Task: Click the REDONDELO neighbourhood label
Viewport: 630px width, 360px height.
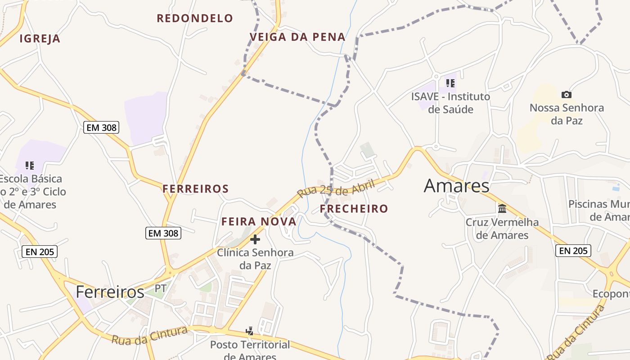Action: pyautogui.click(x=195, y=18)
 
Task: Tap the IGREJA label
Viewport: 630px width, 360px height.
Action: pyautogui.click(x=40, y=39)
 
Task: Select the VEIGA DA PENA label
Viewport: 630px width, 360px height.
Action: pyautogui.click(x=297, y=37)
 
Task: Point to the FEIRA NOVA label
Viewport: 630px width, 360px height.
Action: pyautogui.click(x=259, y=221)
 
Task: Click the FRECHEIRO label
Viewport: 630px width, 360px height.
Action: pyautogui.click(x=354, y=208)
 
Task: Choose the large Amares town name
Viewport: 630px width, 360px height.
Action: pyautogui.click(x=456, y=185)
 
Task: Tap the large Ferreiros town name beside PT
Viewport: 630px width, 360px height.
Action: pyautogui.click(x=110, y=292)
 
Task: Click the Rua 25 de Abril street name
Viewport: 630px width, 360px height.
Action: pyautogui.click(x=336, y=189)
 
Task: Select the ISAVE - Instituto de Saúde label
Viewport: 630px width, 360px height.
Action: pyautogui.click(x=450, y=103)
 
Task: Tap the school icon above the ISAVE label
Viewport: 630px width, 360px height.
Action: pyautogui.click(x=450, y=83)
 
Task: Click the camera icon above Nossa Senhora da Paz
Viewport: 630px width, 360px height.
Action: pyautogui.click(x=567, y=94)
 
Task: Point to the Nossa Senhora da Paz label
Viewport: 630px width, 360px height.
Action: pyautogui.click(x=567, y=114)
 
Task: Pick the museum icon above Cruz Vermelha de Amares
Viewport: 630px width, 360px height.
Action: pyautogui.click(x=502, y=208)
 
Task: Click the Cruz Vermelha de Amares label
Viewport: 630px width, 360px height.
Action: pyautogui.click(x=502, y=229)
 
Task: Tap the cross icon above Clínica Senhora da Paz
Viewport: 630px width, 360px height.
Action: pyautogui.click(x=255, y=239)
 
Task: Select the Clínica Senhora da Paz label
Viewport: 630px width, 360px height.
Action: pyautogui.click(x=255, y=259)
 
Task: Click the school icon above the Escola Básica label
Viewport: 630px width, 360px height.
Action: pyautogui.click(x=30, y=166)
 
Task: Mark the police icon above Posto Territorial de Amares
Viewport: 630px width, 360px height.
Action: pyautogui.click(x=250, y=332)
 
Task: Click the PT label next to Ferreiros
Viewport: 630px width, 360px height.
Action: pyautogui.click(x=161, y=288)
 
